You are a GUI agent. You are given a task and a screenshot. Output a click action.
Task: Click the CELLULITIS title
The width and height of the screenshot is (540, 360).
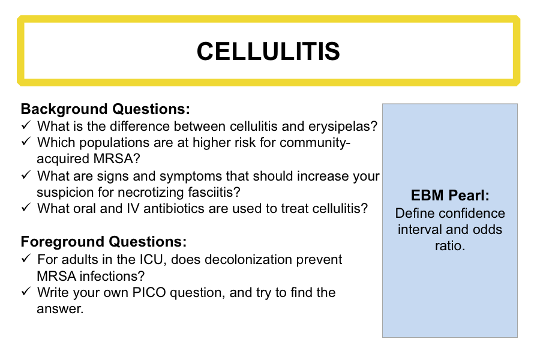[x=268, y=52]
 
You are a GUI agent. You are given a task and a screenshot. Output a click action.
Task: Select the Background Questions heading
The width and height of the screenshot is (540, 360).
[x=106, y=109]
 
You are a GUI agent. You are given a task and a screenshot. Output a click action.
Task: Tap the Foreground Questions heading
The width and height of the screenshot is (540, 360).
[x=104, y=241]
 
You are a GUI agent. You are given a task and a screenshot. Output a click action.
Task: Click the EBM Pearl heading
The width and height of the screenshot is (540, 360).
[x=450, y=196]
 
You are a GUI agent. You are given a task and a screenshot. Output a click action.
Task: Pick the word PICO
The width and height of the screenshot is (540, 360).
[x=149, y=292]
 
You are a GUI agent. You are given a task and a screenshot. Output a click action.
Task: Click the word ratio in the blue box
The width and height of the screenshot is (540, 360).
[x=450, y=245]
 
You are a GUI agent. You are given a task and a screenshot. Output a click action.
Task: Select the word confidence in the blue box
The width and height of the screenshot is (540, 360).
[x=475, y=213]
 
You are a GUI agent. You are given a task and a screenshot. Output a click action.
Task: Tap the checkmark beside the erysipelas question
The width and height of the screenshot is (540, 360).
[x=26, y=125]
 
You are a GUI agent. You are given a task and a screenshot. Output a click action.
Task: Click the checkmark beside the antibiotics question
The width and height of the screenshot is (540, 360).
[x=26, y=207]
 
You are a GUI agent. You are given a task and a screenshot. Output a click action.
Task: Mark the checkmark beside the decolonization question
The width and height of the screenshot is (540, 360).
[x=26, y=258]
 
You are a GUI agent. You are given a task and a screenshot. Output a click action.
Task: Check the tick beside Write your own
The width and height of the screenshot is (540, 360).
[x=26, y=291]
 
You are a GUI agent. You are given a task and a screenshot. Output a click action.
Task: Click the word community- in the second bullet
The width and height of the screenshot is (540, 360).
[x=315, y=143]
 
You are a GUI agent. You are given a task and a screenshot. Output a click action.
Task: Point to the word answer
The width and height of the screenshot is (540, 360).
[x=60, y=309]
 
